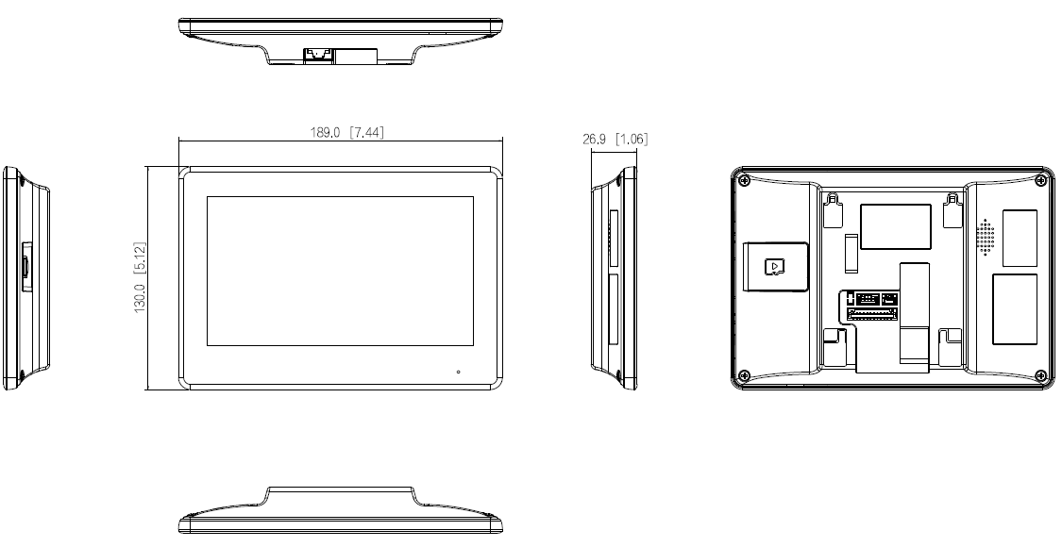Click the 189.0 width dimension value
coord(327,133)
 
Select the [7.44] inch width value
coord(366,133)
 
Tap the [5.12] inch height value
coord(140,253)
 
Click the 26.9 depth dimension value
coord(596,140)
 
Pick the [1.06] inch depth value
coord(632,140)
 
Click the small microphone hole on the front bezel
coord(459,372)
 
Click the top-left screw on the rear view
coord(745,179)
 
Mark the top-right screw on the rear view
coord(1040,179)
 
